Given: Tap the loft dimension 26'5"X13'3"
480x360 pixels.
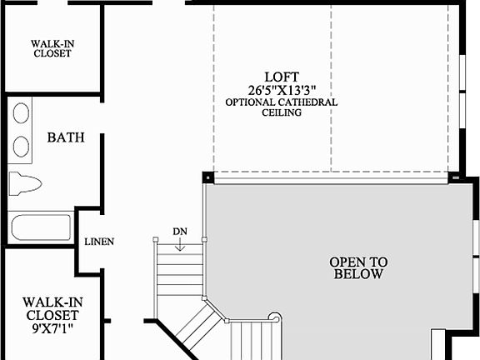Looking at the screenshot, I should [281, 89].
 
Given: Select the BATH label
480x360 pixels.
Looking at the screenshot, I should [66, 137].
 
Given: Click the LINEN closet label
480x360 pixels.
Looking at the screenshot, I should [99, 242].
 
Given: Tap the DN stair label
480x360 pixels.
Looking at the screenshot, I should [180, 231].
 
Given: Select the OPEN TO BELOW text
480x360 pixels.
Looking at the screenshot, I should [358, 267].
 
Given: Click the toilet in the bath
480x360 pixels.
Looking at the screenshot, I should [24, 182].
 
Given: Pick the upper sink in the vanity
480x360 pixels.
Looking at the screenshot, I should [22, 113].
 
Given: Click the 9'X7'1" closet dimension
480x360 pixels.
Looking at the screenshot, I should [51, 328].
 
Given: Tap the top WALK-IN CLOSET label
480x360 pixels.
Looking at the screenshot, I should [51, 47].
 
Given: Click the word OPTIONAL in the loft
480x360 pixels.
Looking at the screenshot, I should [251, 102].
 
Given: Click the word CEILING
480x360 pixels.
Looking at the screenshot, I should [281, 112].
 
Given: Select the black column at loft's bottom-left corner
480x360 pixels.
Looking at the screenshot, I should [207, 177].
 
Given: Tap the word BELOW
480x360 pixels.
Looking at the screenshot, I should [358, 273].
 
